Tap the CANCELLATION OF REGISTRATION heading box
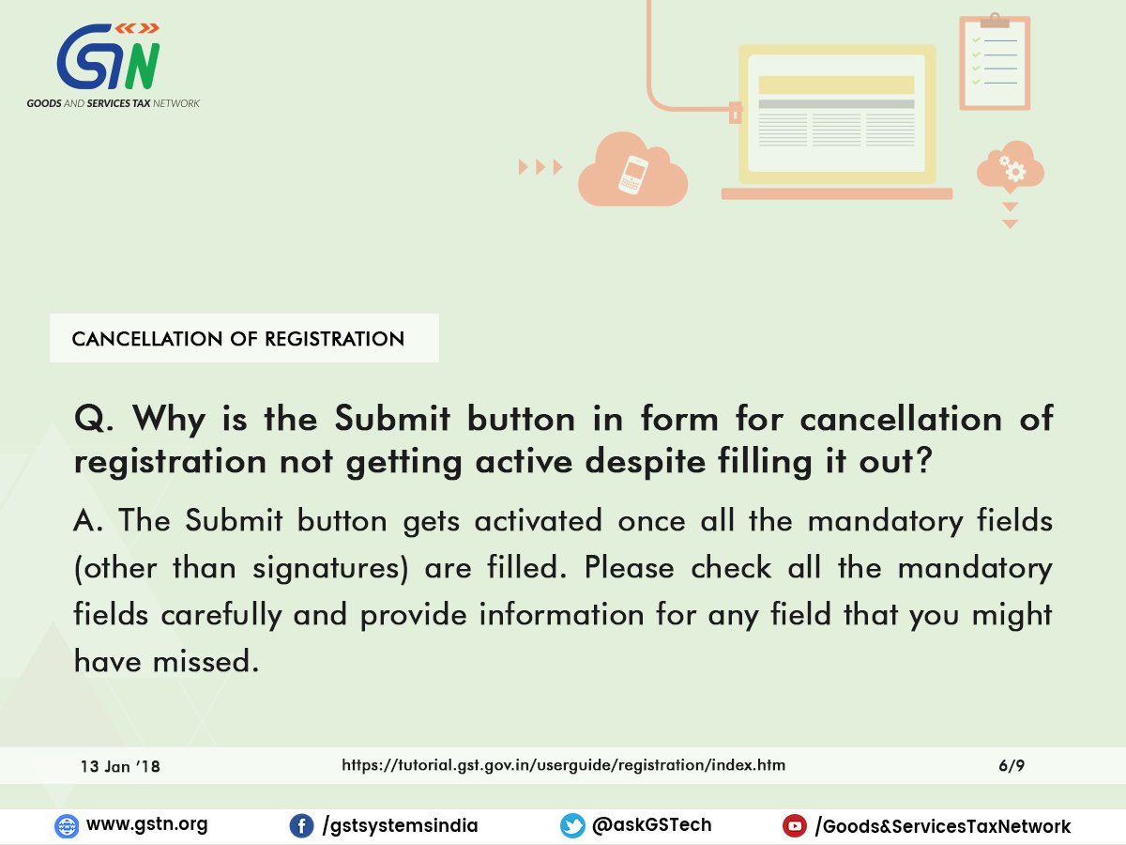click(244, 338)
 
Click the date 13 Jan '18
click(120, 766)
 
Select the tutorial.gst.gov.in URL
click(563, 765)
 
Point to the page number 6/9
click(1012, 765)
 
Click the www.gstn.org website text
click(146, 824)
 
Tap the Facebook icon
click(301, 826)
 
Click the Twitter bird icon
click(572, 826)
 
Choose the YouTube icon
click(794, 826)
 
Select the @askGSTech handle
click(651, 824)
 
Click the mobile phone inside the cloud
click(633, 175)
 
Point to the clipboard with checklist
click(995, 62)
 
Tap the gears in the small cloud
click(1012, 168)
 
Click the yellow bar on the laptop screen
click(836, 84)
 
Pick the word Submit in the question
click(392, 419)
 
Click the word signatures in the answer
click(331, 568)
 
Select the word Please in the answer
click(629, 567)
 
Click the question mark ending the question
click(923, 460)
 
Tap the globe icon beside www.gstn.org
click(67, 826)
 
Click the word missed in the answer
click(205, 661)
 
